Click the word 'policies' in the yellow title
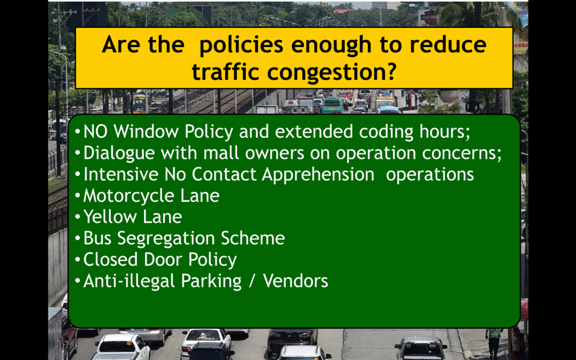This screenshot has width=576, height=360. click(x=241, y=45)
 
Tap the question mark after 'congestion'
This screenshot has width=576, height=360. click(x=390, y=71)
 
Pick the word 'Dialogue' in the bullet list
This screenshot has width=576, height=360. click(x=119, y=153)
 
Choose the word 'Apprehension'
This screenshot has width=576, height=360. click(x=318, y=174)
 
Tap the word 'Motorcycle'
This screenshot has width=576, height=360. click(x=129, y=196)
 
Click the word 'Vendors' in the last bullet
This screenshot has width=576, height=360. click(x=295, y=281)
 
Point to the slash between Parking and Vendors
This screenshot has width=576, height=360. click(x=251, y=281)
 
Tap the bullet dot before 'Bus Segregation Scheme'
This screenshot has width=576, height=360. click(x=77, y=238)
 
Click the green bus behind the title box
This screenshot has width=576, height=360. click(x=332, y=105)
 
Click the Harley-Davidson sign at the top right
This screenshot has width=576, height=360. click(x=428, y=16)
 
